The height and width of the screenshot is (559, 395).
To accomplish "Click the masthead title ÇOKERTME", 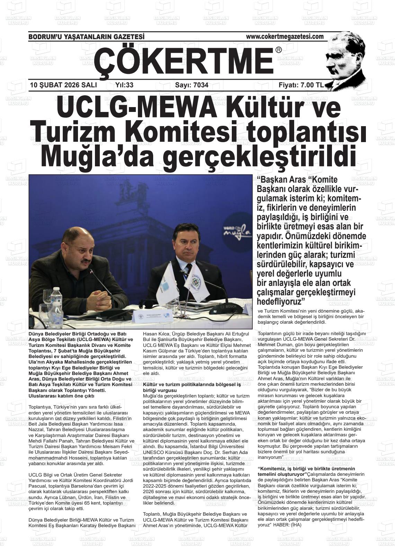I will tap(184, 60).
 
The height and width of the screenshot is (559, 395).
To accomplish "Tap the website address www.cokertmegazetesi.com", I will tap(284, 37).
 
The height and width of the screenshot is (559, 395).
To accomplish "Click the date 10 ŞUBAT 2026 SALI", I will tap(63, 85).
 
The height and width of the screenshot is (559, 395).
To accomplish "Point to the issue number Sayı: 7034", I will tap(192, 85).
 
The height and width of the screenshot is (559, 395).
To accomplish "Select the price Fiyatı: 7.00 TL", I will tap(301, 85).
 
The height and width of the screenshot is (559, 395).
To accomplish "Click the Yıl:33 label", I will tap(124, 85).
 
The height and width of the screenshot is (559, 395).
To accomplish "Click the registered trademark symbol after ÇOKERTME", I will tap(279, 50).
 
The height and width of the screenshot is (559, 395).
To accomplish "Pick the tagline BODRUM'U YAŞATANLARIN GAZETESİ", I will tap(86, 37).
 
